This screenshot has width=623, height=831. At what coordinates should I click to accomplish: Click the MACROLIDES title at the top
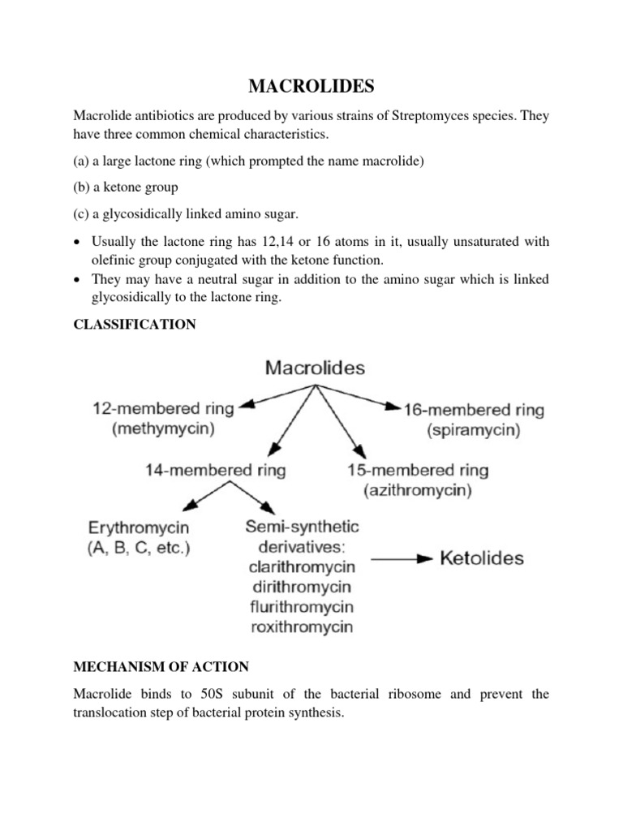[312, 84]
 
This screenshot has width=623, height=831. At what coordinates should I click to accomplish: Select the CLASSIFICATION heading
[134, 325]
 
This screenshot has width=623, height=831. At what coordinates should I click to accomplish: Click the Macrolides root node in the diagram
[315, 368]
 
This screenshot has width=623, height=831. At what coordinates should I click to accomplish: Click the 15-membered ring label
[418, 470]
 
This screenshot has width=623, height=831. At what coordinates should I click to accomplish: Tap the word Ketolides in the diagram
[481, 558]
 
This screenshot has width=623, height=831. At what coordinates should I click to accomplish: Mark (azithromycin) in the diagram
[419, 491]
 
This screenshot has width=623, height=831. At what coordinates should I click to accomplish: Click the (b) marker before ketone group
[82, 187]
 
